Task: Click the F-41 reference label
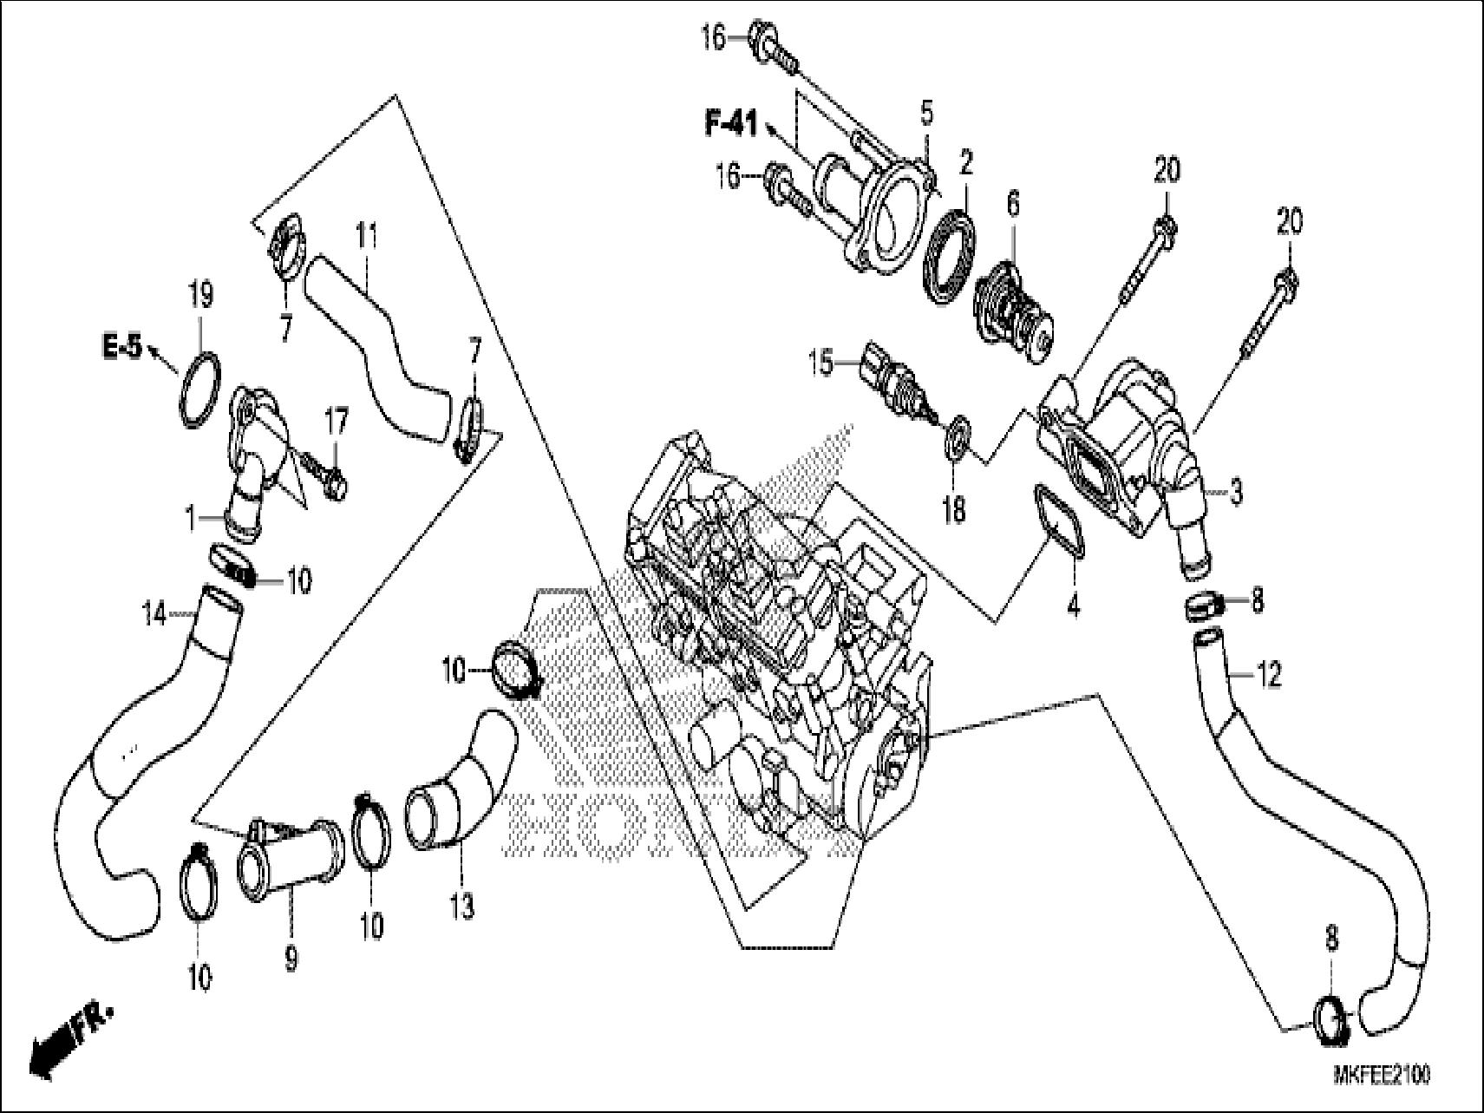click(729, 126)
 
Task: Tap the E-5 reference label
click(121, 348)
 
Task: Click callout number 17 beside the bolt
click(337, 423)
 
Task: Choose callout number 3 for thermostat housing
click(1235, 493)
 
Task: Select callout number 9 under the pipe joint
click(291, 959)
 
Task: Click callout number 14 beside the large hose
click(154, 615)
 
